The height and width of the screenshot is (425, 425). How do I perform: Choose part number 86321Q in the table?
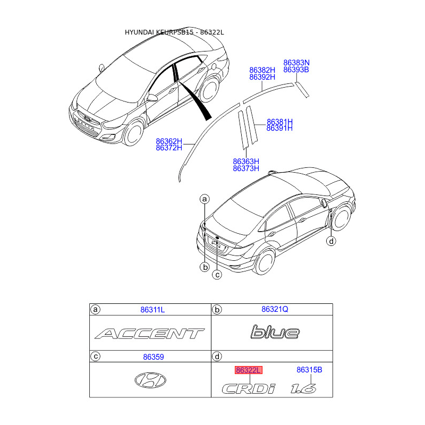coord(275,309)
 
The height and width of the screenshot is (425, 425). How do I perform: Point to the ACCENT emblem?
coord(149,334)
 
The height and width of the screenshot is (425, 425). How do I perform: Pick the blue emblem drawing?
coord(275,333)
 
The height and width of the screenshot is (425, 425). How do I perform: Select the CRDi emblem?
coord(249,389)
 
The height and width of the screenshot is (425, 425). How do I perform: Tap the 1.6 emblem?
coord(303,388)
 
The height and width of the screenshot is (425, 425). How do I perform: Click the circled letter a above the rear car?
coord(205,199)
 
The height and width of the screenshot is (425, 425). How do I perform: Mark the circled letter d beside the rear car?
coord(331,242)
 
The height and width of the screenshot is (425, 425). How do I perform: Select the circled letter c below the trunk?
coord(217,275)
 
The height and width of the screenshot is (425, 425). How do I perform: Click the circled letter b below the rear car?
coord(205,267)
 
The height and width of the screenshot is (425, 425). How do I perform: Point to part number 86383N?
coord(296,63)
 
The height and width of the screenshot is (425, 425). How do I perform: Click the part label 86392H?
coord(262,77)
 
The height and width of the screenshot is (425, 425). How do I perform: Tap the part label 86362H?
coord(169,141)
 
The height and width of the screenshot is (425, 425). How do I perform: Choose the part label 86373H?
coord(246,168)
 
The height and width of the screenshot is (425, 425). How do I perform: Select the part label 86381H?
coord(279,122)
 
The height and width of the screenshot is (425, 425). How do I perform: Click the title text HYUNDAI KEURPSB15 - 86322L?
coord(174,32)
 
